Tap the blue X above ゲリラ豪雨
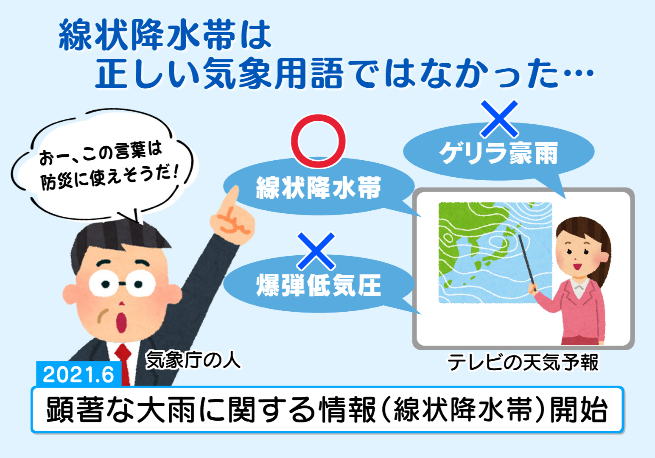pyautogui.click(x=499, y=119)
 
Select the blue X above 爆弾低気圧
pyautogui.click(x=316, y=251)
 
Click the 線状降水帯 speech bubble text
pyautogui.click(x=319, y=187)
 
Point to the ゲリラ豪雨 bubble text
pyautogui.click(x=498, y=153)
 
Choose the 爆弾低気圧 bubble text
pyautogui.click(x=319, y=285)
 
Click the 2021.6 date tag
pyautogui.click(x=78, y=374)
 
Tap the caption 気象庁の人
pyautogui.click(x=193, y=360)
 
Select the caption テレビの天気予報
pyautogui.click(x=523, y=362)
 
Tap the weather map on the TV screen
pyautogui.click(x=495, y=252)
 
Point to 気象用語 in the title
pyautogui.click(x=273, y=73)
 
